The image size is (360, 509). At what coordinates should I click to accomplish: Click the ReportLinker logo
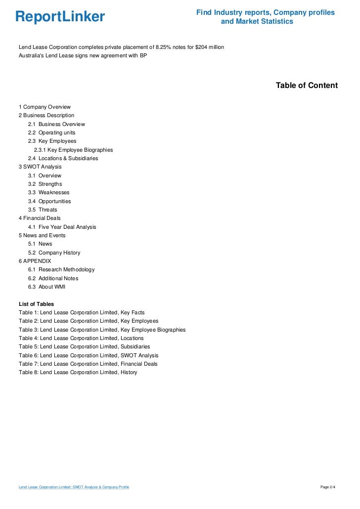pyautogui.click(x=60, y=17)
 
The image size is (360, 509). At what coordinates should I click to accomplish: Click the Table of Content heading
pyautogui.click(x=307, y=85)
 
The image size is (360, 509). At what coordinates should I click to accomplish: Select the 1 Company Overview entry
pyautogui.click(x=45, y=107)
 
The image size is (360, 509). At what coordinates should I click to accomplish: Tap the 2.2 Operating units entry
pyautogui.click(x=52, y=132)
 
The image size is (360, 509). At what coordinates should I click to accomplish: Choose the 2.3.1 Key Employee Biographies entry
pyautogui.click(x=73, y=150)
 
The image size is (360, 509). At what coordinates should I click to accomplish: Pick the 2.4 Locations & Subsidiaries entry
pyautogui.click(x=63, y=158)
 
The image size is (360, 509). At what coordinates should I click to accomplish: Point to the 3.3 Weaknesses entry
pyautogui.click(x=48, y=192)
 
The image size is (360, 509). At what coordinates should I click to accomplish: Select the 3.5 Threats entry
pyautogui.click(x=43, y=210)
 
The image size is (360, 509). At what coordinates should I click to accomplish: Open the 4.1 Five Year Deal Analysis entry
pyautogui.click(x=62, y=227)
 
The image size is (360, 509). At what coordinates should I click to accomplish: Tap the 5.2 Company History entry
pyautogui.click(x=54, y=253)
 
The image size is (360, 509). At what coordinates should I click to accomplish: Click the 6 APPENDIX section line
pyautogui.click(x=35, y=261)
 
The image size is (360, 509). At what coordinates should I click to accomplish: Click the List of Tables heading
pyautogui.click(x=36, y=304)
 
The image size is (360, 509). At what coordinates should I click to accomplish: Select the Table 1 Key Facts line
pyautogui.click(x=82, y=313)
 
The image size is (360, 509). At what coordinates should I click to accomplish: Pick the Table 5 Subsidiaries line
pyautogui.click(x=84, y=347)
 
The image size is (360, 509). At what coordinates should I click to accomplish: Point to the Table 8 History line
pyautogui.click(x=78, y=372)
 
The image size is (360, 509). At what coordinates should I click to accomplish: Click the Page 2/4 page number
pyautogui.click(x=328, y=487)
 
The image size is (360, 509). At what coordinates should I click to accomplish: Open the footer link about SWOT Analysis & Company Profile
pyautogui.click(x=74, y=487)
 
